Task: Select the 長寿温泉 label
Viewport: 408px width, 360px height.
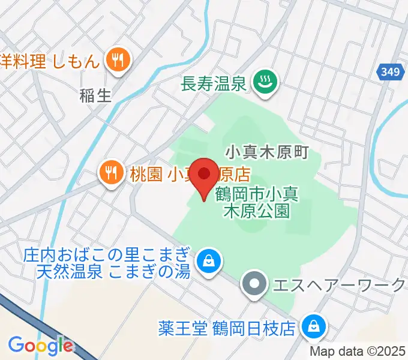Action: click(214, 83)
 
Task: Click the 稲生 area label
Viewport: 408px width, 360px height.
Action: click(95, 95)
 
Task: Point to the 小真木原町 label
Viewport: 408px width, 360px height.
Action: click(266, 151)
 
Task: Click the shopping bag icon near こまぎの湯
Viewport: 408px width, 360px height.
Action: click(208, 261)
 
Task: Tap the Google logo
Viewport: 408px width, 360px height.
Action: click(40, 346)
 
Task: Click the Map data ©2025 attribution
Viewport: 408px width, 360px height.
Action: click(356, 352)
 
